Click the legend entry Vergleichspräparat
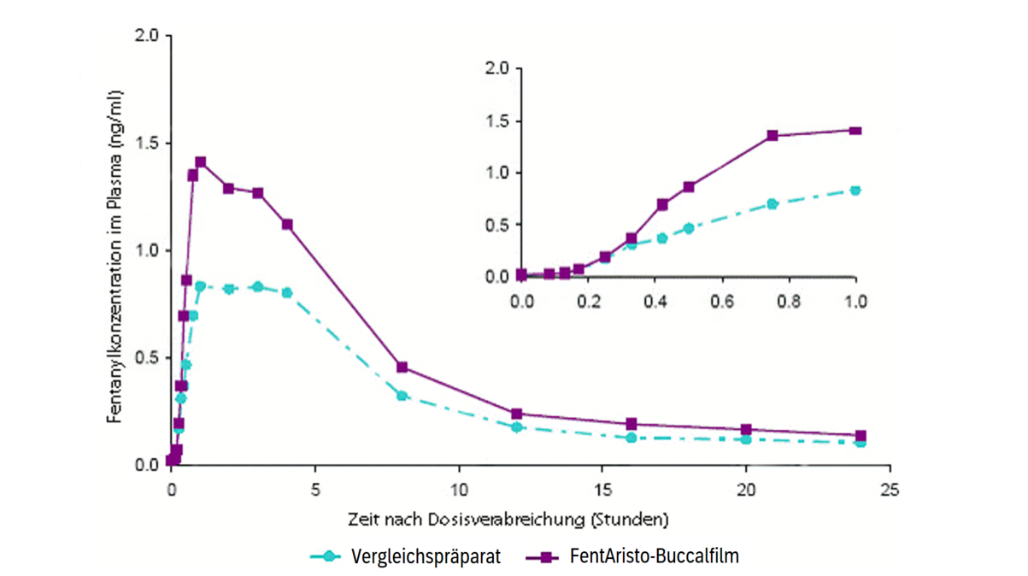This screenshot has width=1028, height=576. (426, 556)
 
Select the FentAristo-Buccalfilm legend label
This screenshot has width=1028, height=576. (654, 556)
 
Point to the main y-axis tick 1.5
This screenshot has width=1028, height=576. (147, 143)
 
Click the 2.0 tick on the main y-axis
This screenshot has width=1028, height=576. (147, 36)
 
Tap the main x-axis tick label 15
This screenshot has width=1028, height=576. (602, 491)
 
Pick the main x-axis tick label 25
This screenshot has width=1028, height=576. (890, 491)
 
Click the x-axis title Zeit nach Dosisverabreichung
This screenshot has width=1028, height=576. (508, 519)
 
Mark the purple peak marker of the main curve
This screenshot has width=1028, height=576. (201, 162)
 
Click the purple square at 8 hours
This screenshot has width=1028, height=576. (402, 367)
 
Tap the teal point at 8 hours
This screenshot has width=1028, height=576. (402, 396)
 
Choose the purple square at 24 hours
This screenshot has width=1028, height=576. (861, 436)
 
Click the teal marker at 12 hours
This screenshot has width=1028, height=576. (516, 426)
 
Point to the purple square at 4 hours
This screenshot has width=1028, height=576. (287, 225)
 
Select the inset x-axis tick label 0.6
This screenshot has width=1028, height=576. (722, 302)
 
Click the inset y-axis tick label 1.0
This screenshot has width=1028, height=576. (496, 173)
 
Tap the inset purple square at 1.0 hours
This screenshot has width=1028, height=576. (855, 131)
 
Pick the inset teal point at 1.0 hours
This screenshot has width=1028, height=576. (855, 191)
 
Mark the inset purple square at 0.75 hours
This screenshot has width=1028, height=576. (772, 136)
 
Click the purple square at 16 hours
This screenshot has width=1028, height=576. (631, 424)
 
